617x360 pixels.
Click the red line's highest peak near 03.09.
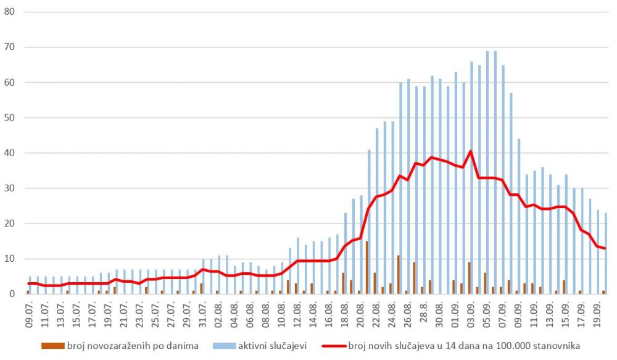tap(471, 151)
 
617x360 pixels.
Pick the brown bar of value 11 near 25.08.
tap(399, 275)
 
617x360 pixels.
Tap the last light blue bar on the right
tap(607, 254)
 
